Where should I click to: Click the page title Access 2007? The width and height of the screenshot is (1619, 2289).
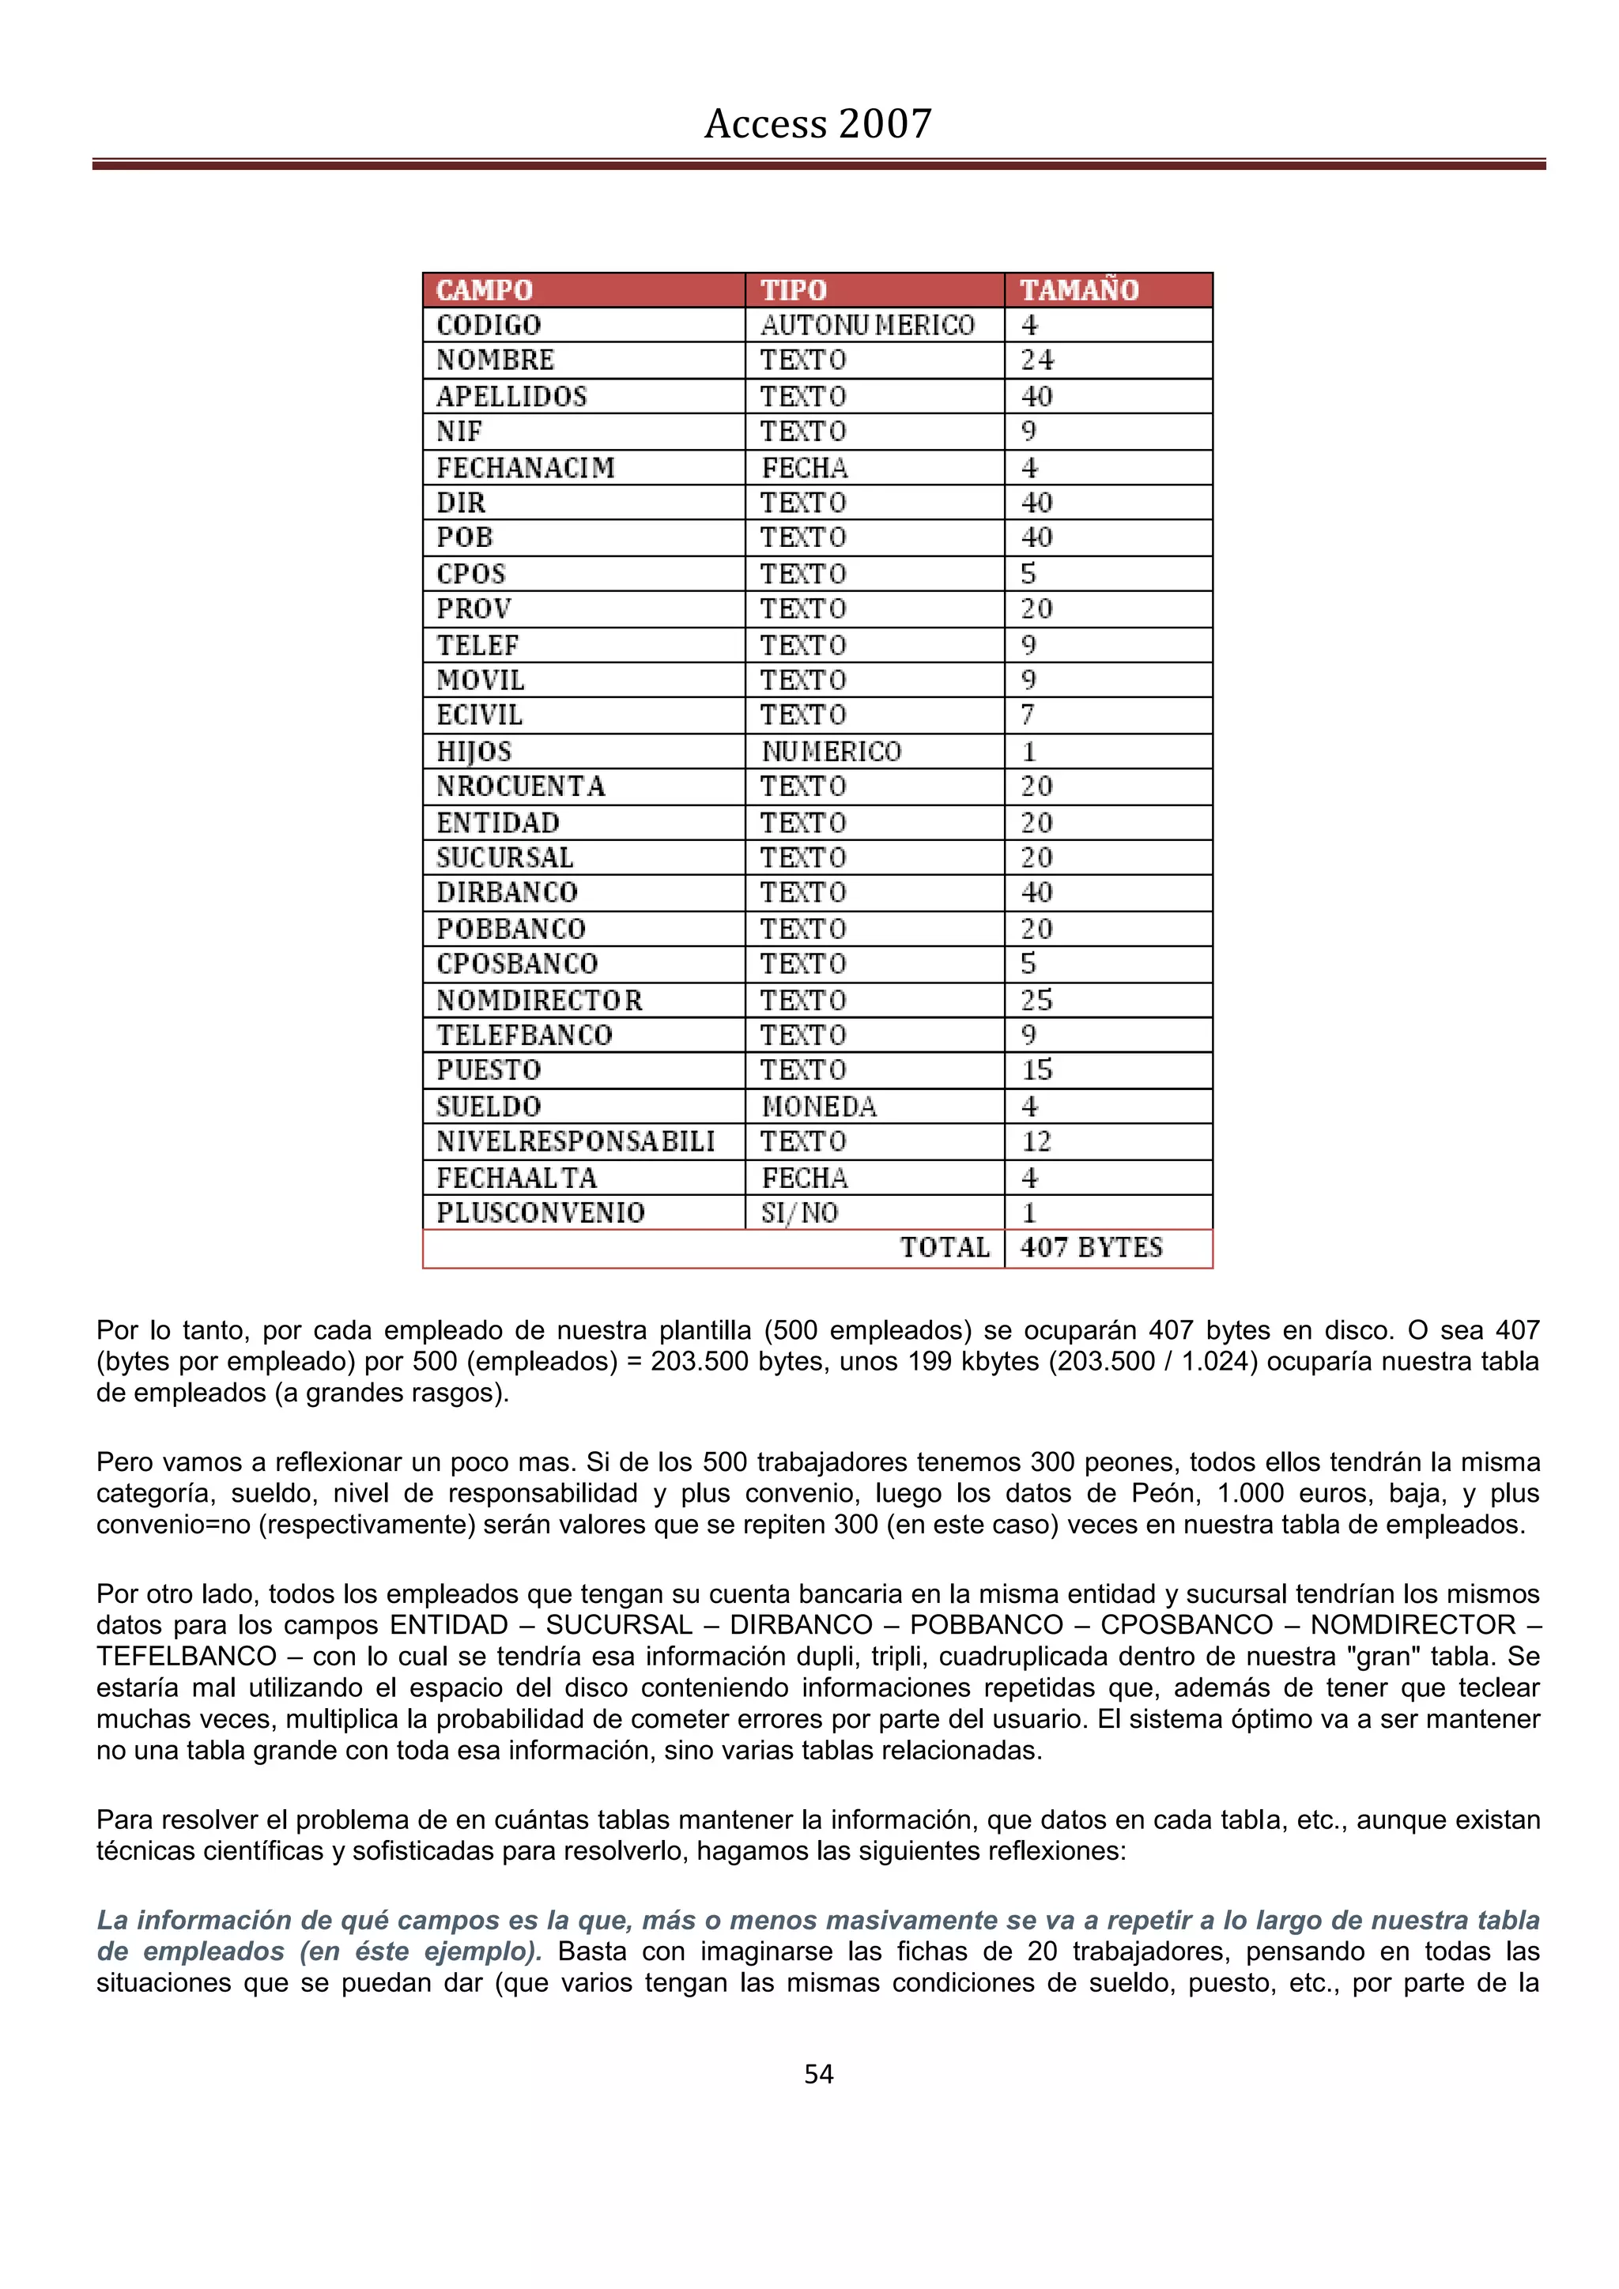[x=817, y=123]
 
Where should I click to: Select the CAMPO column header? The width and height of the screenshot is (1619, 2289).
[x=485, y=290]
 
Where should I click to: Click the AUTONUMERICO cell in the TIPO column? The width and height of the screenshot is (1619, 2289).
[x=867, y=325]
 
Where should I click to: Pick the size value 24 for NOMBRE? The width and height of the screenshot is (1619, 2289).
[x=1037, y=360]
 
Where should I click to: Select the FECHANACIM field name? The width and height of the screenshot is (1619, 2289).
[x=526, y=468]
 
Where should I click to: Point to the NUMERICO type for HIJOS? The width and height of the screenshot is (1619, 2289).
[x=832, y=752]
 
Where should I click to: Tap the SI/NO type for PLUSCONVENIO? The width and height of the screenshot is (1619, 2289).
[x=799, y=1213]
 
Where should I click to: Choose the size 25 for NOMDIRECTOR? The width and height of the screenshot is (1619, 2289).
[x=1037, y=1000]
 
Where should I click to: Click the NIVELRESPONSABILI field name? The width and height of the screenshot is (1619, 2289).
[x=576, y=1141]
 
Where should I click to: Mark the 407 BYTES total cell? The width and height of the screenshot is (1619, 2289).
[x=1092, y=1248]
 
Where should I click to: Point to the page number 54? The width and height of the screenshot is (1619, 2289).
[x=818, y=2075]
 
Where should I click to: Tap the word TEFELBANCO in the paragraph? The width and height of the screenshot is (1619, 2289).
[x=187, y=1656]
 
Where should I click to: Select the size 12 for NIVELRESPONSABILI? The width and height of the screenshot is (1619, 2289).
[x=1037, y=1141]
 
